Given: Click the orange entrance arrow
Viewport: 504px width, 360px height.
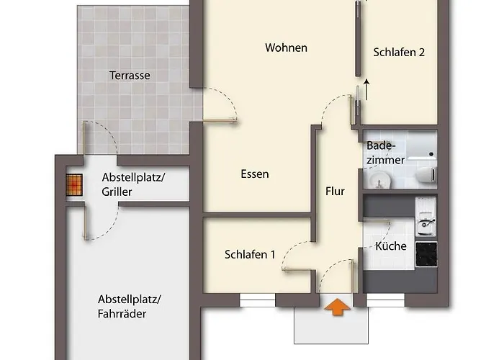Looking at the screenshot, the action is click(x=337, y=307).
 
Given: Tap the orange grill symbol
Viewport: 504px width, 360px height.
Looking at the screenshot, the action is click(x=74, y=185).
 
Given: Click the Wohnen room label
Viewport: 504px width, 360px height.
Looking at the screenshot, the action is click(x=286, y=48).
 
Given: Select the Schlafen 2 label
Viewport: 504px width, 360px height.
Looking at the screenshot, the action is click(x=399, y=53).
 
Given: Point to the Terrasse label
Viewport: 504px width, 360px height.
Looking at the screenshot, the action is click(x=130, y=76).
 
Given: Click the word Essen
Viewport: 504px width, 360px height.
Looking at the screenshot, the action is click(x=255, y=174).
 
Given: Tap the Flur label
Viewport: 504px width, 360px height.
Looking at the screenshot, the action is click(x=335, y=192).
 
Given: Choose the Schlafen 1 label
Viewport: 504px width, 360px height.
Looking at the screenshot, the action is click(x=250, y=255).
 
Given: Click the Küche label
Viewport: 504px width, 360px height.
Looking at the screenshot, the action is click(x=391, y=246).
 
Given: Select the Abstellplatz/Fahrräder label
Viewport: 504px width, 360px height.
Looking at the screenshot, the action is click(x=130, y=306).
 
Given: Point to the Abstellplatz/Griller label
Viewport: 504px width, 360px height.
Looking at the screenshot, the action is click(x=133, y=184).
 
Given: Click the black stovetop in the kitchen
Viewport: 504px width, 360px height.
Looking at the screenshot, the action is click(x=426, y=254).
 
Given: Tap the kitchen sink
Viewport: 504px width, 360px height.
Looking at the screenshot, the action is click(x=426, y=225).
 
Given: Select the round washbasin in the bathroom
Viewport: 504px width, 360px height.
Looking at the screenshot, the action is click(x=379, y=180).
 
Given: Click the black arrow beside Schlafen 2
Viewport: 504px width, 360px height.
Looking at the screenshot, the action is click(x=366, y=90).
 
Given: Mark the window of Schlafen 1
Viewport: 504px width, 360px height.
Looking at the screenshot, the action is click(x=258, y=300).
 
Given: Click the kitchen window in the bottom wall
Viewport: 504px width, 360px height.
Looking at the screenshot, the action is click(x=385, y=300).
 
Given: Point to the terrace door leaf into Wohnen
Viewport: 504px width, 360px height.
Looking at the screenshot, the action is click(x=220, y=120).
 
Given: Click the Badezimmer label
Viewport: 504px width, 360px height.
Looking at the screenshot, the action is click(x=385, y=153).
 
